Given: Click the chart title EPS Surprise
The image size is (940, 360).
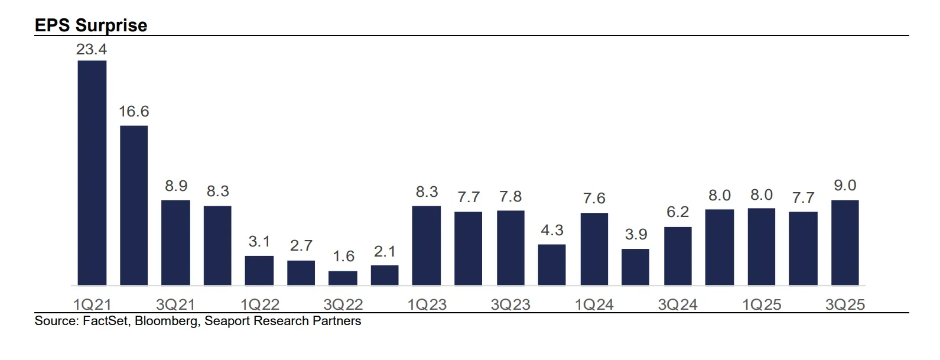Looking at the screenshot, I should (x=91, y=25).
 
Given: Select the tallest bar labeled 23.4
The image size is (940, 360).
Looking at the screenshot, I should (x=92, y=173).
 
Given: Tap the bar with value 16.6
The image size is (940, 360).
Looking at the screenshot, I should (x=134, y=205).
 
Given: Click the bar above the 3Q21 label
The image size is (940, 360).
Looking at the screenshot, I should (x=176, y=242).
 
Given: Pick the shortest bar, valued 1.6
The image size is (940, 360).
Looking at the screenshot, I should (x=343, y=278).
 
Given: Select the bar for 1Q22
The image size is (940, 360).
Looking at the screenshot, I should (x=259, y=270).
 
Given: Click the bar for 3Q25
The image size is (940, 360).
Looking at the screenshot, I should (x=845, y=242).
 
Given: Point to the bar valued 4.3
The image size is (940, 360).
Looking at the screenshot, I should (x=552, y=264).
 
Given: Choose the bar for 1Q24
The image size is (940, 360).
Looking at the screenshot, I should (x=594, y=249).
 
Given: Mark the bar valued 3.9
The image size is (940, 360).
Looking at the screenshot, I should (x=636, y=267).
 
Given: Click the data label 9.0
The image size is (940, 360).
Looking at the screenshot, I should (x=845, y=186).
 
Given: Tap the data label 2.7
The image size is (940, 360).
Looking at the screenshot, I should (x=301, y=245).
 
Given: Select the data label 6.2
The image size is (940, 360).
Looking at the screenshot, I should (x=678, y=212).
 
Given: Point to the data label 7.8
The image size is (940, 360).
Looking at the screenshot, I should (x=510, y=196).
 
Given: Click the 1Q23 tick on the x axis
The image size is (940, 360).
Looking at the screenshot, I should (x=427, y=304).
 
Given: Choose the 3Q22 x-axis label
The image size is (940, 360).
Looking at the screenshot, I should (x=343, y=304).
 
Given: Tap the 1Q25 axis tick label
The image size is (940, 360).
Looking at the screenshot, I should (x=762, y=304).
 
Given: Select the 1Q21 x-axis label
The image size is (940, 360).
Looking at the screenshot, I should (x=92, y=304).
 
